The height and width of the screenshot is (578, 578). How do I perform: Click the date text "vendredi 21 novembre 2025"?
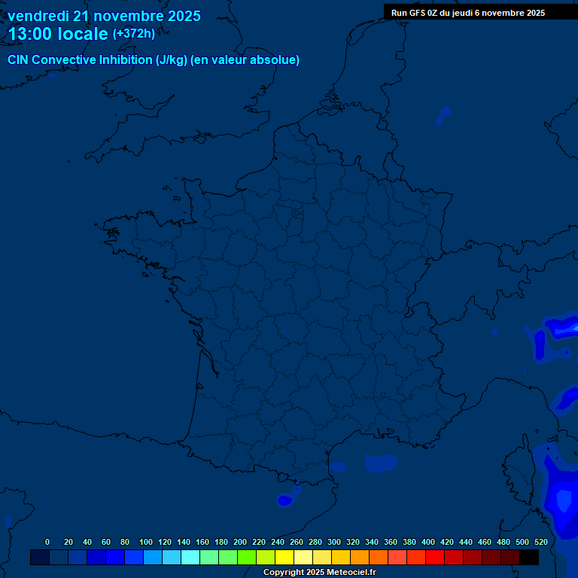pos(104,16)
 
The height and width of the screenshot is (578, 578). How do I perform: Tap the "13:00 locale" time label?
pos(58,34)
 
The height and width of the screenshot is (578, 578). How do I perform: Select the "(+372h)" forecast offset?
pos(133,34)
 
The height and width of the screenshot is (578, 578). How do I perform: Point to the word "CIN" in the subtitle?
pos(18,60)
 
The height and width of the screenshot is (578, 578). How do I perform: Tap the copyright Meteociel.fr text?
pos(319,573)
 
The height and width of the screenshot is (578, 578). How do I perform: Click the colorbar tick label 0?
pos(47,542)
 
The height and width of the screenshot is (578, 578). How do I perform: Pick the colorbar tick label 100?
pos(145,542)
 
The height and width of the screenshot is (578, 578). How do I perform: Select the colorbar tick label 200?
pos(239,542)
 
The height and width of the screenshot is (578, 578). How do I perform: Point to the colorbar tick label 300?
pos(333,542)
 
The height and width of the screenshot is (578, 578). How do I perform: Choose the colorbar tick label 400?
pos(427,542)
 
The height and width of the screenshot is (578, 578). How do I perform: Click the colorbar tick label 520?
pos(540,542)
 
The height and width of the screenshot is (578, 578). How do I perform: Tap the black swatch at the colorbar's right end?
pos(529,558)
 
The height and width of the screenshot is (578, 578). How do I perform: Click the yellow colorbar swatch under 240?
pos(284,558)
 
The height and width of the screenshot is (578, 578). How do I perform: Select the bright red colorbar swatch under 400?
pos(435,558)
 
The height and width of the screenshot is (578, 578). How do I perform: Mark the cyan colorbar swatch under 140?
pos(190,558)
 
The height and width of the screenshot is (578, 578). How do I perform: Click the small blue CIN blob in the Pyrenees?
pos(285,500)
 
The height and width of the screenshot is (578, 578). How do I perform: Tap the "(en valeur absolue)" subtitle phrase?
pos(246,60)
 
